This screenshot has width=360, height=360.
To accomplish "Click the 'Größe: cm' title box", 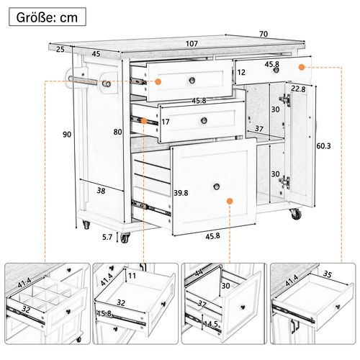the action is [48, 17].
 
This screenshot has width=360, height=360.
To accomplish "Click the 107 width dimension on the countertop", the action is [192, 44].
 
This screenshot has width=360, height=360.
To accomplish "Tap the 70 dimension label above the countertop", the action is [264, 34].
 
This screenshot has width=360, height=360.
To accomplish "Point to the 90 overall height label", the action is [67, 135].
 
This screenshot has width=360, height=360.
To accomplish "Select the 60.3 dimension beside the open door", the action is [323, 145].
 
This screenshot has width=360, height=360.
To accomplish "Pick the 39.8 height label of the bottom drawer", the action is [181, 193].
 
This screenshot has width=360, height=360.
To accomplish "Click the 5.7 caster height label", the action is [107, 237].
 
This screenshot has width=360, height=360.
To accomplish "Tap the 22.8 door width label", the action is [298, 89].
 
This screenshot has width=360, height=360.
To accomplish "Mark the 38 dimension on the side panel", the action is [101, 191].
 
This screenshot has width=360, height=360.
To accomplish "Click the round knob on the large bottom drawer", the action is [217, 186].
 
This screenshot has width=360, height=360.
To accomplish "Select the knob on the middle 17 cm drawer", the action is [204, 120].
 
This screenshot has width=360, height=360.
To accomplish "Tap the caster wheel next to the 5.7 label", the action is [125, 238].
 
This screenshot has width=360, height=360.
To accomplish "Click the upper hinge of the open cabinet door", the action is [285, 99].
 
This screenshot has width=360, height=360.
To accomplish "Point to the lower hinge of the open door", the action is [285, 181].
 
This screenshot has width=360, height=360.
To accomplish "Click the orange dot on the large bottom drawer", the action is [230, 201].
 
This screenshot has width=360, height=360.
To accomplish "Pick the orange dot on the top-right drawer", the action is [302, 68].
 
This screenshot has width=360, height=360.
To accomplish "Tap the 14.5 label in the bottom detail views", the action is [211, 324].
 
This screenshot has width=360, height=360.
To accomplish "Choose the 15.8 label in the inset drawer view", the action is [104, 313].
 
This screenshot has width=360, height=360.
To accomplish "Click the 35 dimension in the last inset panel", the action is [327, 274].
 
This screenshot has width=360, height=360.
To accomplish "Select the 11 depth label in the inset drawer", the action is [132, 276].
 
